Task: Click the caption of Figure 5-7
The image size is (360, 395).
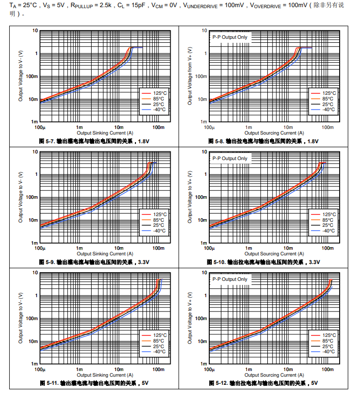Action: coord(94,141)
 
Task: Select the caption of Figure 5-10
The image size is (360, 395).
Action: coord(263,262)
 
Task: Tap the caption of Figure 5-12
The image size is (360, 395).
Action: coord(263,383)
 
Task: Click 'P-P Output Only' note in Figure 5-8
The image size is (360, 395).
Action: coord(230,37)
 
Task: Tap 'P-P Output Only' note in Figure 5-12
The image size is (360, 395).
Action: coord(230,279)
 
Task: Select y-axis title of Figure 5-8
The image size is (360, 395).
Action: coord(190,76)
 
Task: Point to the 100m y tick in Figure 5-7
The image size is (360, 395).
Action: coord(33,76)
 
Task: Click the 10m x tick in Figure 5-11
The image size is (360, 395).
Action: coord(119,370)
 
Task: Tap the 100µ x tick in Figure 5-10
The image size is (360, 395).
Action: coord(209,248)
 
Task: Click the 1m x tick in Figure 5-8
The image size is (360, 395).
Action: coord(248,127)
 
